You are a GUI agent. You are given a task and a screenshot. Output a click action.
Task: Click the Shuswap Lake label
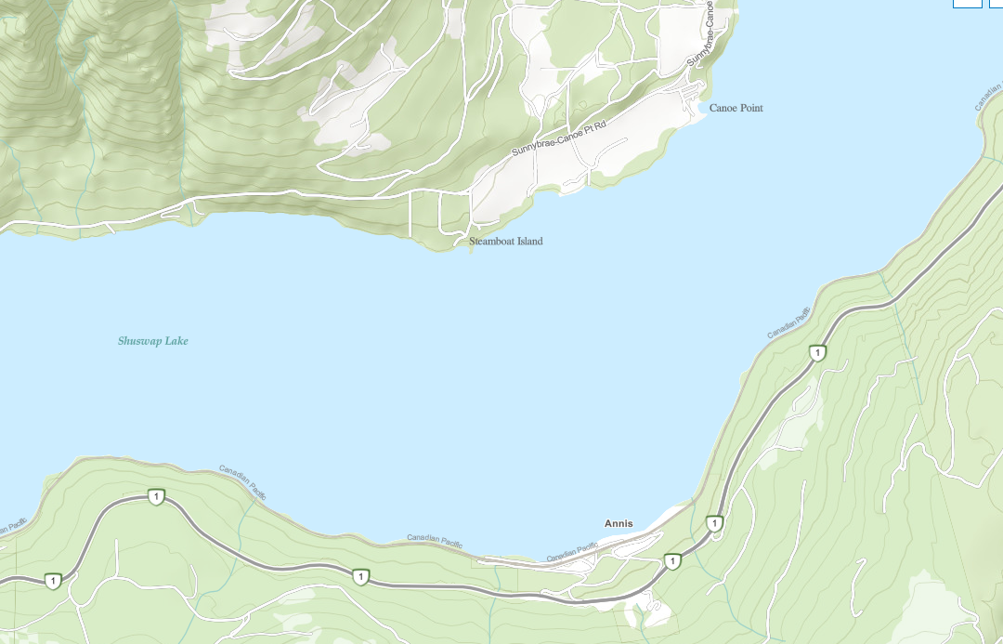click(153, 341)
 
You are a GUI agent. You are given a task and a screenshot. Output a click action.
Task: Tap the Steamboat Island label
click(505, 242)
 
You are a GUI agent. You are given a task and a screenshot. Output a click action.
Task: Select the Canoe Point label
click(736, 109)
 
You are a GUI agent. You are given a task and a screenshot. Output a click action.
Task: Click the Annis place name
click(619, 523)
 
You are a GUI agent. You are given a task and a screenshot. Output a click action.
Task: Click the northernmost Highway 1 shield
click(817, 352)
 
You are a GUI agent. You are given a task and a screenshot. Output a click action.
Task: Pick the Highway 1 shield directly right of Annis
click(714, 523)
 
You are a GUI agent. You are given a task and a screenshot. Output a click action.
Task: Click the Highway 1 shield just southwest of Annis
click(672, 561)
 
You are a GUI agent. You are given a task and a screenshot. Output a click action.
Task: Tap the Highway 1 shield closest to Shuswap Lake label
click(156, 497)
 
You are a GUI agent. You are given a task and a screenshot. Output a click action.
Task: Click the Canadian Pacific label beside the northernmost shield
click(788, 322)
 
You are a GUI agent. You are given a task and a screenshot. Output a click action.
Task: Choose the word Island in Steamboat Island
click(526, 242)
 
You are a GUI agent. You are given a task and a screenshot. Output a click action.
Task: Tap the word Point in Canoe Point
click(750, 109)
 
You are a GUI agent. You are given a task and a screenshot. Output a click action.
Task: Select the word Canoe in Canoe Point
click(723, 109)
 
